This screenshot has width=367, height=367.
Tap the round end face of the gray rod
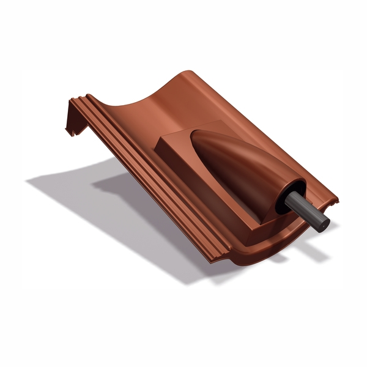point(325,223)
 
